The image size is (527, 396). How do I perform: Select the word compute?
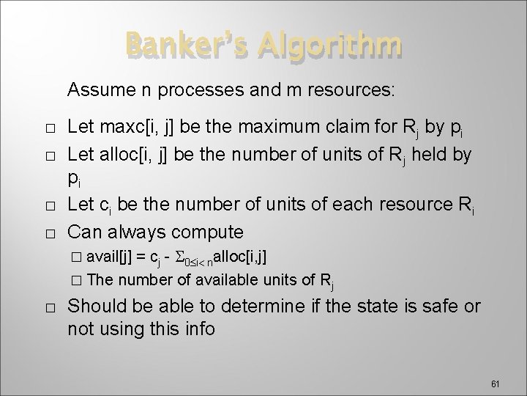pos(206,232)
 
